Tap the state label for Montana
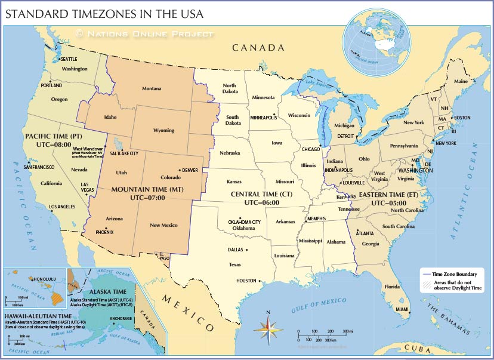click(152, 89)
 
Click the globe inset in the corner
click(376, 41)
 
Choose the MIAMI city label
click(403, 309)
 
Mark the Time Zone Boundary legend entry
click(459, 274)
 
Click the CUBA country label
click(418, 348)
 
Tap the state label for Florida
click(392, 287)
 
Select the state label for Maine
click(461, 81)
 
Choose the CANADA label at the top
click(257, 48)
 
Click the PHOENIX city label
click(105, 232)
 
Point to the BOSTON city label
click(462, 118)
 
